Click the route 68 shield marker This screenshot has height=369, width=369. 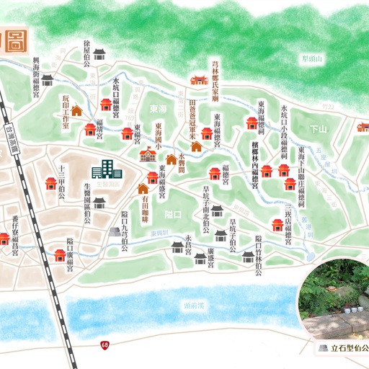point(105,347)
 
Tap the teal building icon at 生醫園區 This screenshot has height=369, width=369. point(106,170)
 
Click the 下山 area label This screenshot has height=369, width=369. point(318,128)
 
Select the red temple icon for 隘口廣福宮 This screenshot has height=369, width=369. point(60,254)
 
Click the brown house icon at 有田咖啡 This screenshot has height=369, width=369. point(143,189)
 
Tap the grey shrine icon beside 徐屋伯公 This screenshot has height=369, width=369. point(100,53)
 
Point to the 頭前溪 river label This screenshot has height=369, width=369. point(195,305)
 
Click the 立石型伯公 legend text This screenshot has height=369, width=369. point(348,348)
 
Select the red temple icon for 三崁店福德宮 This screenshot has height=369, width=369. point(277,224)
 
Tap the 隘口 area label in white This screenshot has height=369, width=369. point(173,214)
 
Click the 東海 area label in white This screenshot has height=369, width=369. point(153,108)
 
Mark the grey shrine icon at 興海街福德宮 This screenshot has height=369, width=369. point(48,79)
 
